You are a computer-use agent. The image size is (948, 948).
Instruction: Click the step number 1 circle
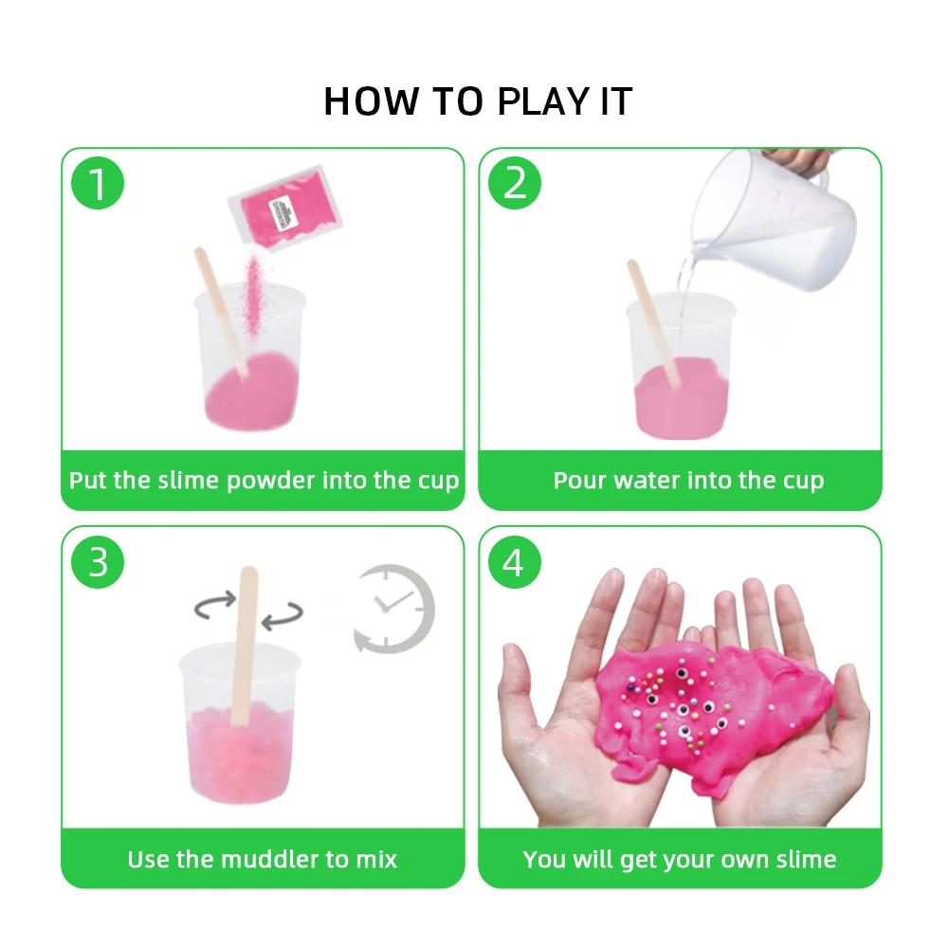pos(98,184)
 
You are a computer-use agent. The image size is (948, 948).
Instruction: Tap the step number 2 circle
pos(514,184)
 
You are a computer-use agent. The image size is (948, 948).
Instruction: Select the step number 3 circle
pos(98,562)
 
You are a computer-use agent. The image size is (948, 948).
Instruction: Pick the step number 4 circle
pos(514,562)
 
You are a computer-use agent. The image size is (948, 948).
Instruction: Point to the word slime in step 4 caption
pos(803,860)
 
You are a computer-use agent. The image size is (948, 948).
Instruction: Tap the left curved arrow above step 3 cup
pos(215,605)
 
